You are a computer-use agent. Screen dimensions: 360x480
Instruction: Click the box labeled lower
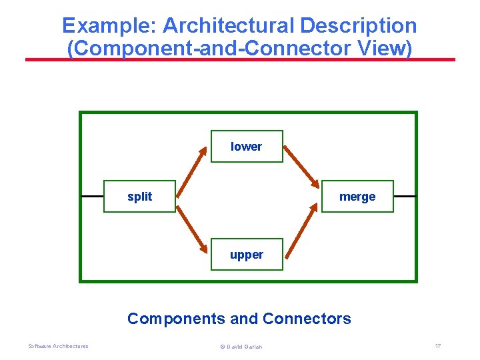(x=247, y=147)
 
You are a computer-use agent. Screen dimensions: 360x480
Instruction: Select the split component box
(x=139, y=197)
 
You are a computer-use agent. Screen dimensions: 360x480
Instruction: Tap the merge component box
(x=357, y=197)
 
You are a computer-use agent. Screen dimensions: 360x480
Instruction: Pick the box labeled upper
(x=247, y=254)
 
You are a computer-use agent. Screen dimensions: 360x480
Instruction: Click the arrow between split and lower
(x=193, y=163)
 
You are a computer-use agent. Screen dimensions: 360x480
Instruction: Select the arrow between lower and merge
(x=301, y=163)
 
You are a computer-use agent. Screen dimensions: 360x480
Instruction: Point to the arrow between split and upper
(x=193, y=229)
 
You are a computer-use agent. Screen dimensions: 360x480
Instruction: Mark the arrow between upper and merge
(x=301, y=229)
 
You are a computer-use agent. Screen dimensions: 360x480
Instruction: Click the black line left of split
(x=92, y=197)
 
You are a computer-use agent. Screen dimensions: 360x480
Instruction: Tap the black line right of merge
(x=405, y=197)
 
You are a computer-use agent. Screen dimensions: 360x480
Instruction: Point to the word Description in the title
(x=359, y=26)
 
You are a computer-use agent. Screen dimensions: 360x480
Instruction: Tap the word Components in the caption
(x=176, y=319)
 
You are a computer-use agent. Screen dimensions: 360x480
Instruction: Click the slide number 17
(x=437, y=346)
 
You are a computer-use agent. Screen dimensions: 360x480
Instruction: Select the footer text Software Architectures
(x=58, y=346)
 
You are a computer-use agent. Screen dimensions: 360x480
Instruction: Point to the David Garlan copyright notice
(x=241, y=347)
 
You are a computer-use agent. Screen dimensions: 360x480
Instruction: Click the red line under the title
(x=240, y=59)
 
